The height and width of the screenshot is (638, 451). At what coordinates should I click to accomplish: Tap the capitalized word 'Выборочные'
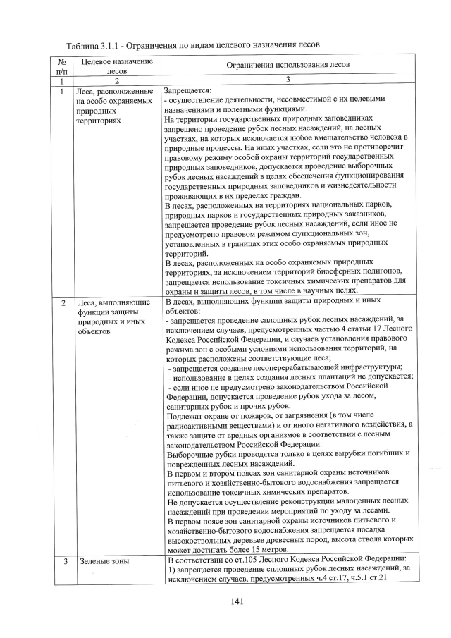point(188,454)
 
